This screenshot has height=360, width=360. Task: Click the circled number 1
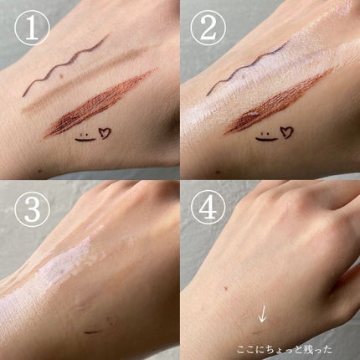[32, 28]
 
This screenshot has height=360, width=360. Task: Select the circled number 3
[32, 208]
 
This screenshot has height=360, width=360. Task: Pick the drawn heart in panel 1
[105, 133]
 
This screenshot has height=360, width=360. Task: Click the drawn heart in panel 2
[286, 132]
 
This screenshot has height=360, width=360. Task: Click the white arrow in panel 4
[262, 314]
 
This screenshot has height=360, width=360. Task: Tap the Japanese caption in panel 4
[285, 349]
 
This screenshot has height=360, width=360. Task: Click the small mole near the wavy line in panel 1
[62, 75]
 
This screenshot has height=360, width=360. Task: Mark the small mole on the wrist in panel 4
[225, 287]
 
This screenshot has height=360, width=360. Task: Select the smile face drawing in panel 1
[85, 137]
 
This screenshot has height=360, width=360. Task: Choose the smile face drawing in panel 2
[265, 136]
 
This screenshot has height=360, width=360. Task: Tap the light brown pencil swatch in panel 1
[84, 81]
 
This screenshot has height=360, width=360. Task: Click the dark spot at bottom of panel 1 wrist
[39, 171]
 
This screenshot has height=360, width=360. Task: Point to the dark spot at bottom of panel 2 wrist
[219, 171]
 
